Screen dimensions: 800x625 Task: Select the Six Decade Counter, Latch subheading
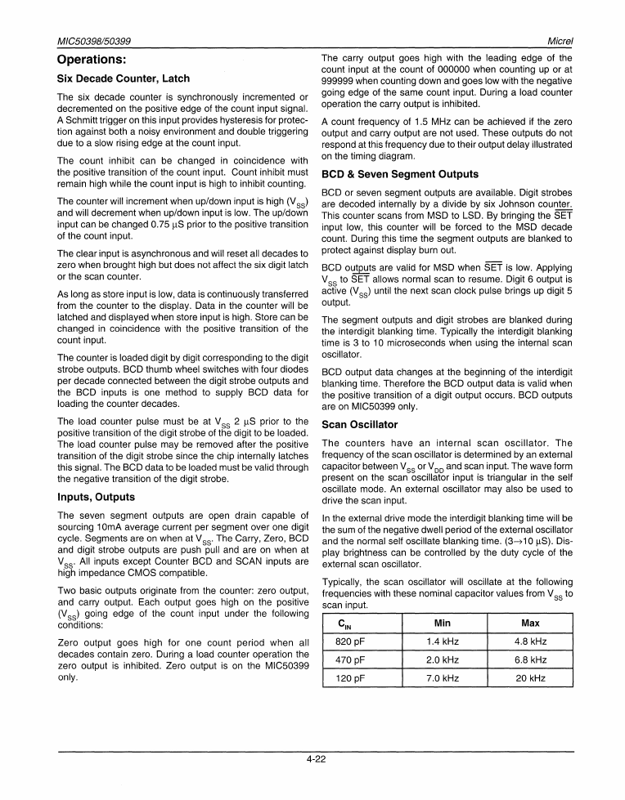(123, 78)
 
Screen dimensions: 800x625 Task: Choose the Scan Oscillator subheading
(360, 425)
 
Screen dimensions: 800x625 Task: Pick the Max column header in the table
(530, 623)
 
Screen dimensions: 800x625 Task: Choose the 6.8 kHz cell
(530, 660)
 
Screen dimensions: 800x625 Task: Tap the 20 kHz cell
(530, 678)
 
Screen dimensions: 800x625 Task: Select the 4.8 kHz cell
(530, 642)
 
